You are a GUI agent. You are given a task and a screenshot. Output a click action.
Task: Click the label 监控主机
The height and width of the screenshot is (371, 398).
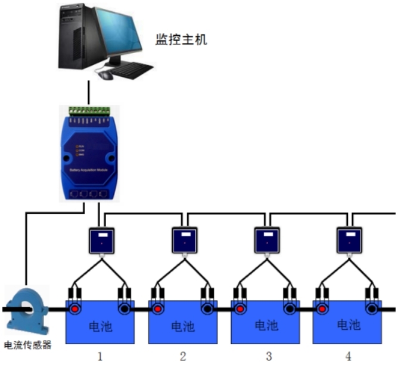point(181,40)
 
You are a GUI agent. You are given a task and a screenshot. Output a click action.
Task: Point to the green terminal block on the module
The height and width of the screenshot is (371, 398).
point(90,110)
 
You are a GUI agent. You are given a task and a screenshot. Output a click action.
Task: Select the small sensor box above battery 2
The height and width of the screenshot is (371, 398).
point(185,239)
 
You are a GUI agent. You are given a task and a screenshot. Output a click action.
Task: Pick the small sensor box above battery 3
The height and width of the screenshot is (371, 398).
point(267,239)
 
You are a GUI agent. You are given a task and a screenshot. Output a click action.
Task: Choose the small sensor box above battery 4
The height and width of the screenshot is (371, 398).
point(350,239)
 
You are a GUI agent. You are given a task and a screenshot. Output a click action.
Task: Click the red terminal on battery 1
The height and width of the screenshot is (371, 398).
point(75,310)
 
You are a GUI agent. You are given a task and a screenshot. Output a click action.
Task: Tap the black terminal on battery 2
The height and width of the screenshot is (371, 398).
point(207,310)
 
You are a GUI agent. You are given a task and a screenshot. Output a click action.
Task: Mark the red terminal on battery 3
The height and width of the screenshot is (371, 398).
point(240,310)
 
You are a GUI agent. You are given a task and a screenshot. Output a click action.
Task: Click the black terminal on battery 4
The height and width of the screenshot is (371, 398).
point(373,310)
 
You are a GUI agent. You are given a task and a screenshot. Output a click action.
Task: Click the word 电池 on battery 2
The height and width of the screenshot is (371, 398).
point(183,326)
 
